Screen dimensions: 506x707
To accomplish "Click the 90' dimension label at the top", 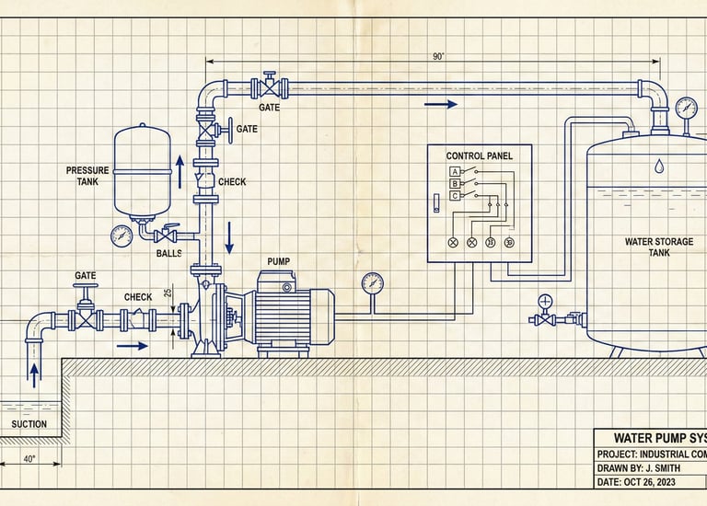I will click(438, 56).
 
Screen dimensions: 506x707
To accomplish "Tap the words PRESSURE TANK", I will click(87, 176).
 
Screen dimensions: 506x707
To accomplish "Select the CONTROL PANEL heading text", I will click(479, 156).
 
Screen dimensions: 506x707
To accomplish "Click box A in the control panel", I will click(455, 171).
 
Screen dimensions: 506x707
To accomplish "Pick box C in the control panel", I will click(455, 195).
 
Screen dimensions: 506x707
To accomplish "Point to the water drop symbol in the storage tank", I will click(659, 167).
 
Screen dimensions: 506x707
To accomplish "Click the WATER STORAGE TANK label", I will click(654, 247).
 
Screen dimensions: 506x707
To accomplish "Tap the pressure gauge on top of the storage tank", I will click(686, 108).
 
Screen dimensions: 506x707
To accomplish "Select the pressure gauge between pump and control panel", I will click(372, 282).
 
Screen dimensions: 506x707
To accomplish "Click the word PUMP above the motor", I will click(278, 261).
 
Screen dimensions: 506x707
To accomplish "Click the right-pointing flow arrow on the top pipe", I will click(441, 104).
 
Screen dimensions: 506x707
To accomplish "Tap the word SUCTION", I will click(29, 424).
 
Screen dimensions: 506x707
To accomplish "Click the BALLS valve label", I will click(168, 253).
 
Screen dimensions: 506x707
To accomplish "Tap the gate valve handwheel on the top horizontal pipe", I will click(270, 74).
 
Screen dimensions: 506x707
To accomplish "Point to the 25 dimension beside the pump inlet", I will click(168, 293).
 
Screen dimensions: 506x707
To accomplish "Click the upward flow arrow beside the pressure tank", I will click(180, 170).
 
